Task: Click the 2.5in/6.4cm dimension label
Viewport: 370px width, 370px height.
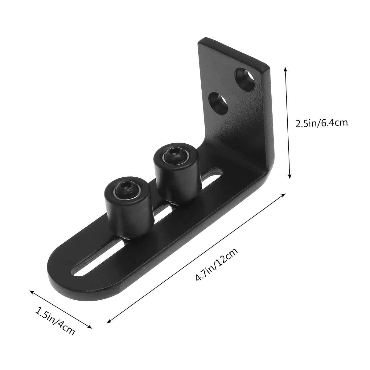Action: pyautogui.click(x=321, y=123)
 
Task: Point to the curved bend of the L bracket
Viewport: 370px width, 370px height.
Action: pyautogui.click(x=262, y=173)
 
